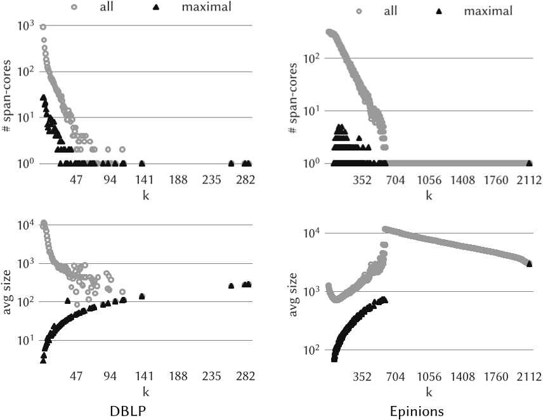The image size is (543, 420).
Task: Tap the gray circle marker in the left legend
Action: [74, 8]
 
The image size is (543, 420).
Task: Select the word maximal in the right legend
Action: [488, 11]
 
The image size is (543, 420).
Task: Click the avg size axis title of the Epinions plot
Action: [294, 291]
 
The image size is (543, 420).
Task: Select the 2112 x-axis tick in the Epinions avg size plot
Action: [528, 376]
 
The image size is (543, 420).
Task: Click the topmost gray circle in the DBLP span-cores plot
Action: [43, 27]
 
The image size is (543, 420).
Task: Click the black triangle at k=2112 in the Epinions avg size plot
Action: [529, 263]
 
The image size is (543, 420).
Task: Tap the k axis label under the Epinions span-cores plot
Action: [429, 195]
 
